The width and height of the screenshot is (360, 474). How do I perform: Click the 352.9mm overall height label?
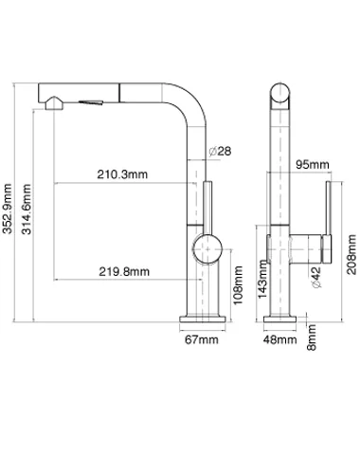click(x=7, y=209)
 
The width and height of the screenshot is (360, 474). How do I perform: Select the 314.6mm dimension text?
click(x=27, y=209)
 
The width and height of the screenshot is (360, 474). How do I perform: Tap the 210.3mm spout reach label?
click(x=122, y=174)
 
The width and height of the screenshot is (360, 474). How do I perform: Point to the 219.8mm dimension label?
click(x=124, y=271)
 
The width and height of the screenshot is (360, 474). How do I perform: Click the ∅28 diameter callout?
click(x=220, y=151)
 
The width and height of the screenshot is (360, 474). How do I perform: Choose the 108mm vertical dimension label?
click(x=238, y=285)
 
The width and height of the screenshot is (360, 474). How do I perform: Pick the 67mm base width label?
click(x=202, y=339)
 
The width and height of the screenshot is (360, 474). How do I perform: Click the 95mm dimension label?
click(x=313, y=164)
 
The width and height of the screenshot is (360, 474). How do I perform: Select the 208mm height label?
click(x=351, y=255)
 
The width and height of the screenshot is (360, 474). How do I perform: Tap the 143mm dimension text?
click(x=262, y=279)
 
